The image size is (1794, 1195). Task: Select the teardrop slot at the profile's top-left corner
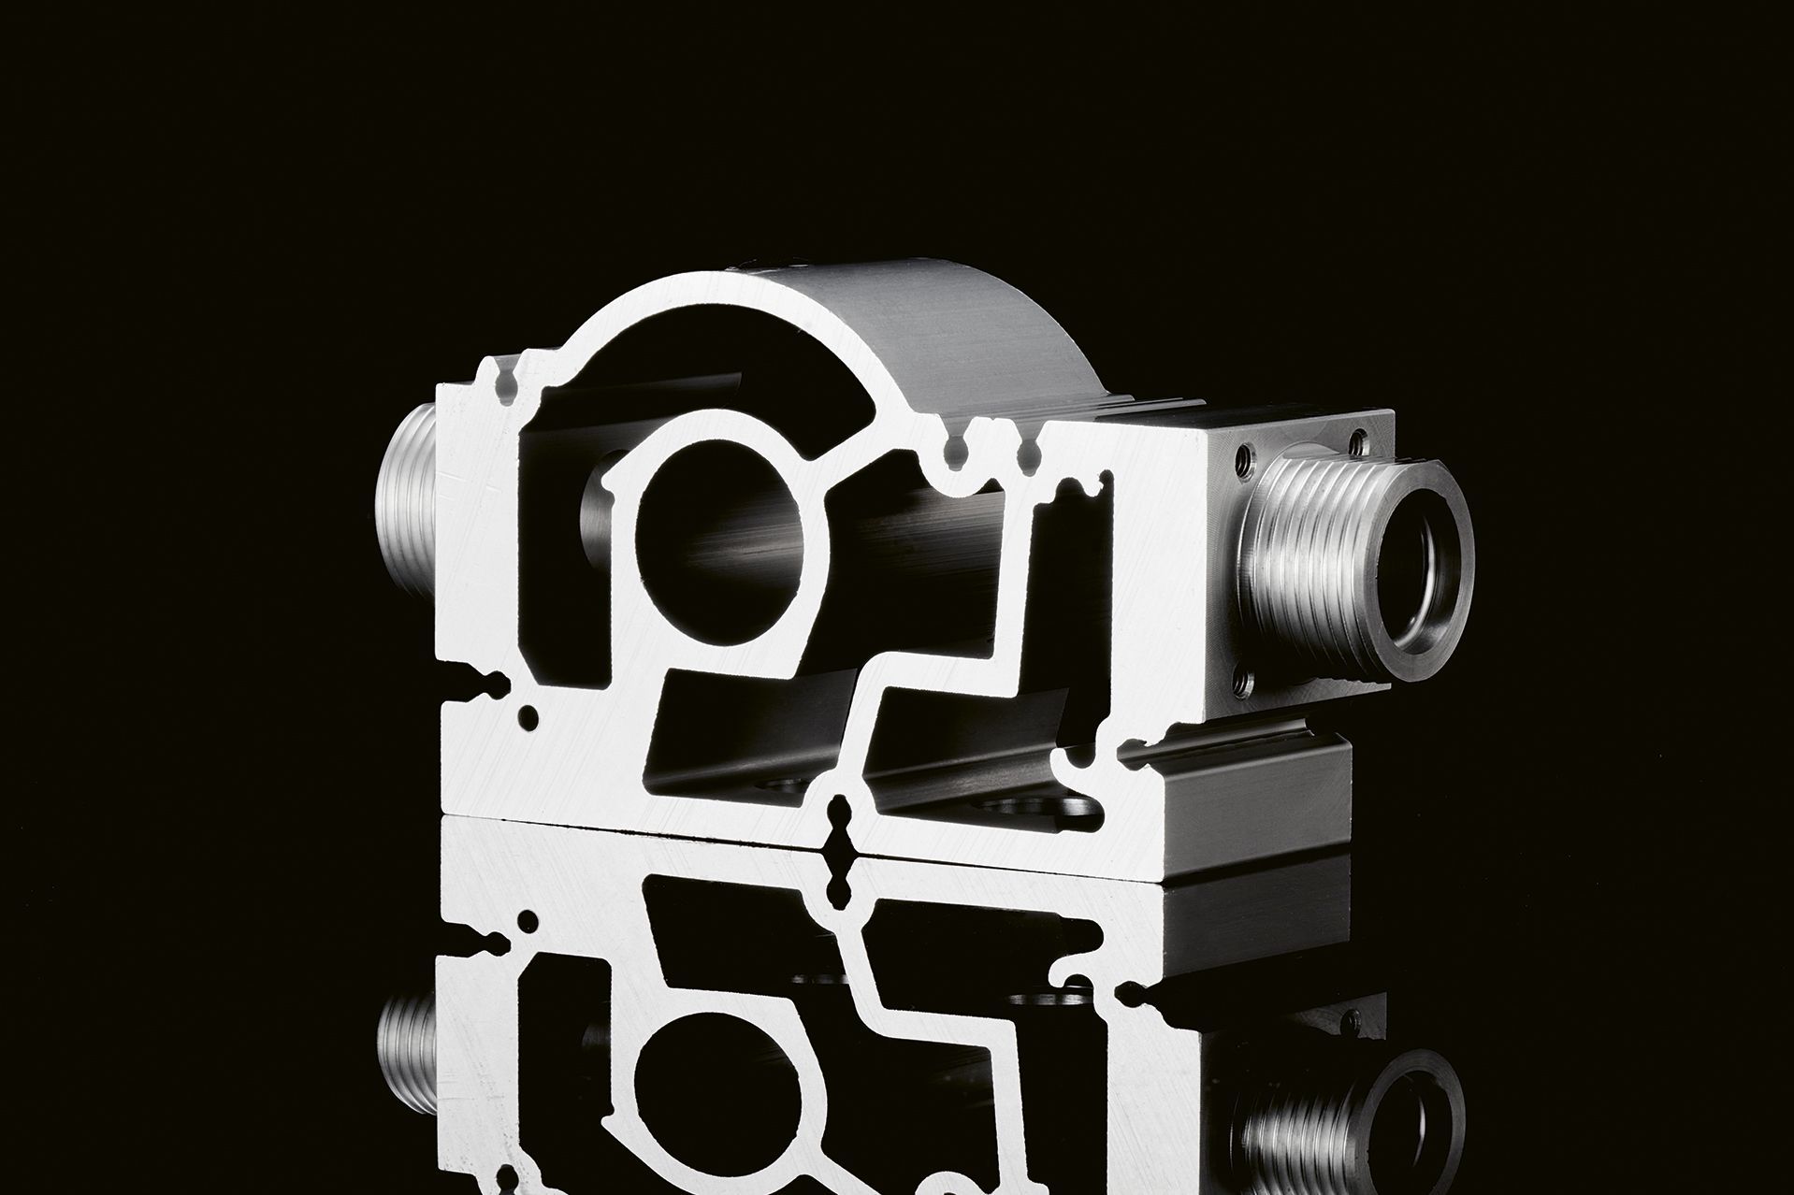(508, 385)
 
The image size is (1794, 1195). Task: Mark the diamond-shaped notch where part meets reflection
(842, 823)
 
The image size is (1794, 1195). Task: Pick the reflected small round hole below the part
(529, 921)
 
